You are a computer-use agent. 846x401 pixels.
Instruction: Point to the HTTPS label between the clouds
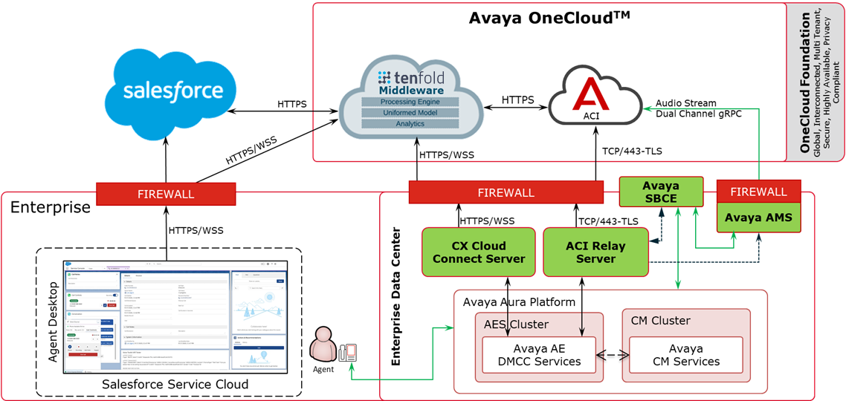(517, 100)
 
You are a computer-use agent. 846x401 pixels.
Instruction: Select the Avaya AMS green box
(758, 218)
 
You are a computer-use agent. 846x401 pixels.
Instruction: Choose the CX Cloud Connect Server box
(479, 252)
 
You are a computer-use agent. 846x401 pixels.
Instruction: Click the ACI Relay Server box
(595, 252)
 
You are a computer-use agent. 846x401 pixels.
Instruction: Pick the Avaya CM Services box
(685, 355)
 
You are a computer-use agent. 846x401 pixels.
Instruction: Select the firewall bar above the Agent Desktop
(167, 194)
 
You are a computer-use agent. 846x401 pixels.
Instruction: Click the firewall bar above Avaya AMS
(758, 192)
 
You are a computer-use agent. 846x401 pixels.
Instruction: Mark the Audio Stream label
(685, 103)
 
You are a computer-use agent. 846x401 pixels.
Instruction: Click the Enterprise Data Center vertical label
(397, 296)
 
